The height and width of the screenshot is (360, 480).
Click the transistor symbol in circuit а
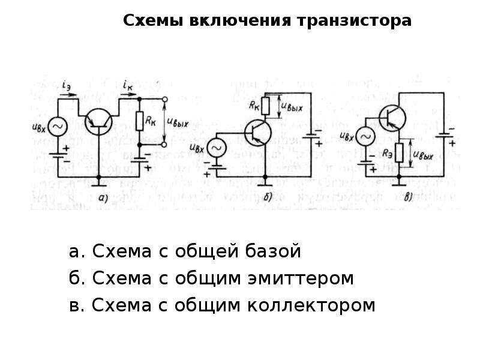(x=98, y=122)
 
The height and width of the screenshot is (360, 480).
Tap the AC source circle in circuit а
(x=58, y=127)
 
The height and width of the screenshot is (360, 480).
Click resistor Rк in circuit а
(x=139, y=122)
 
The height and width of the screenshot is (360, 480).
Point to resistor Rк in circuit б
(x=268, y=106)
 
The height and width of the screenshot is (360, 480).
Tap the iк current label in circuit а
(x=127, y=85)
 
